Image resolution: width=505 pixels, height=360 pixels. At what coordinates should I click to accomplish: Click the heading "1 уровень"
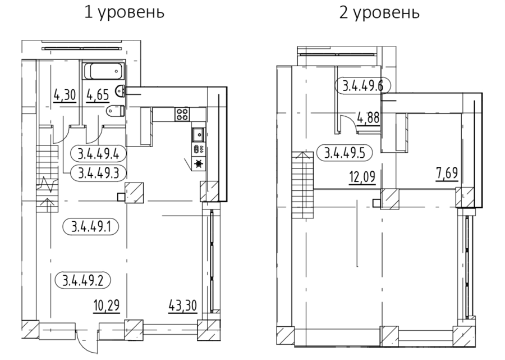click(125, 13)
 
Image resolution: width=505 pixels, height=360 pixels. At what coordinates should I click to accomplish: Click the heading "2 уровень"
click(379, 13)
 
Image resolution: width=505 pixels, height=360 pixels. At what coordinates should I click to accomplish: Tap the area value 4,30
click(65, 95)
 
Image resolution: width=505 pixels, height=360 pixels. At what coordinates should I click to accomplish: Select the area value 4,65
click(98, 95)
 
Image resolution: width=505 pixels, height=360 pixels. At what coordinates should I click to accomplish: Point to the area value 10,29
click(107, 304)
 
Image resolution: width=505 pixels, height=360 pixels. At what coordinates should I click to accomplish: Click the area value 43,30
click(182, 305)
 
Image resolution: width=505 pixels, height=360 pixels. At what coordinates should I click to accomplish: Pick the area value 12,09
click(362, 177)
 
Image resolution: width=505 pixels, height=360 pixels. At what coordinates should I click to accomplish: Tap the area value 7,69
click(447, 174)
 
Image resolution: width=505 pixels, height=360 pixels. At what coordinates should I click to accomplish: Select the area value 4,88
click(369, 117)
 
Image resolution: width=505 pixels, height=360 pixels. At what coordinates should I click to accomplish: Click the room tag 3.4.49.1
click(91, 226)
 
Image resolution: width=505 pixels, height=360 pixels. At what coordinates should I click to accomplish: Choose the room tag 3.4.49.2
click(83, 280)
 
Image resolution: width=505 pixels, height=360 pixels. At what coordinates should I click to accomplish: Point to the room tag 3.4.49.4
click(98, 154)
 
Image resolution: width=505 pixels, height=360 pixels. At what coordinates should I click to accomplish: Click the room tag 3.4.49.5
click(345, 153)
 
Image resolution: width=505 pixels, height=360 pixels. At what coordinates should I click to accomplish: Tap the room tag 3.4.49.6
click(362, 86)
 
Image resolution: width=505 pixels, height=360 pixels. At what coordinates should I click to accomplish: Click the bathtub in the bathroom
click(104, 71)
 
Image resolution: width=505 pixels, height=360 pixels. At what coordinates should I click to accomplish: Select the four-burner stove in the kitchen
click(182, 115)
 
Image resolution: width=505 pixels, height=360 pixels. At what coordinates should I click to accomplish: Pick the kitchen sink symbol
click(199, 134)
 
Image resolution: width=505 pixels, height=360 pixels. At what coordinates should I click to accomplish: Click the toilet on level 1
click(115, 111)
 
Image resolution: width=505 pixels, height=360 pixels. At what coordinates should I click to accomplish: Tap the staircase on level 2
click(303, 185)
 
